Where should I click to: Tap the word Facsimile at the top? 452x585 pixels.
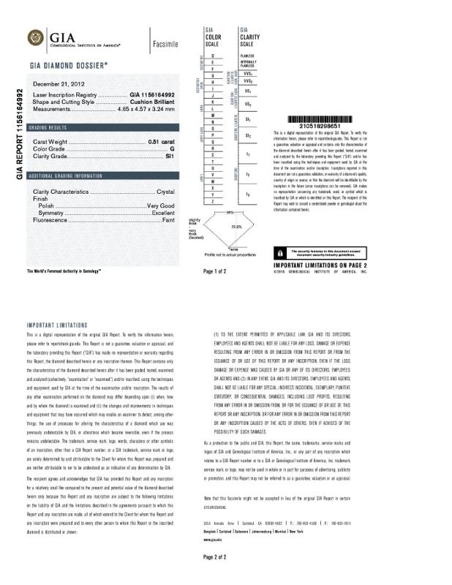pos(165,45)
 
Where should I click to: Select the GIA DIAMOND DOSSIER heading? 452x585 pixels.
pos(69,65)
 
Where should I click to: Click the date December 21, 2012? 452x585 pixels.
pos(59,84)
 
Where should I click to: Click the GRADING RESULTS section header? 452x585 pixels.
pos(51,127)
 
